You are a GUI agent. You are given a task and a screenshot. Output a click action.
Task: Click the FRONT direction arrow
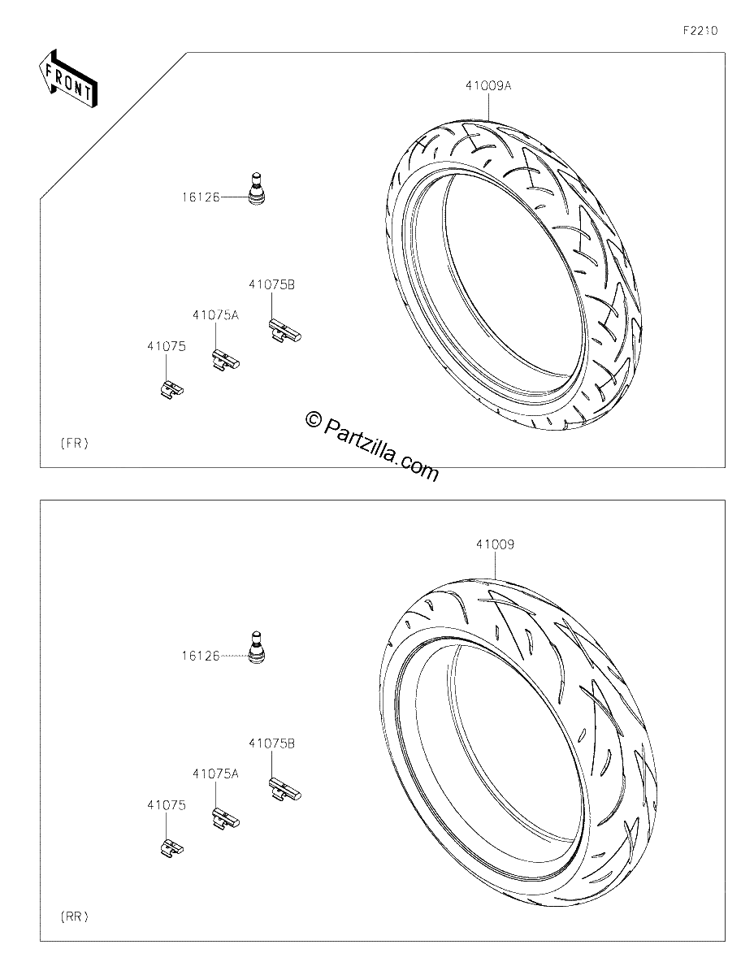coord(67,79)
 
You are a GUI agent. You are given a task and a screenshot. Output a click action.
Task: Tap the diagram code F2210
coord(700,31)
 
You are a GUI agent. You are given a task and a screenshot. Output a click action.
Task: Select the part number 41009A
coord(488,85)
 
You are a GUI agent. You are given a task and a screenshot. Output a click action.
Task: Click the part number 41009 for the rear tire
coord(495,544)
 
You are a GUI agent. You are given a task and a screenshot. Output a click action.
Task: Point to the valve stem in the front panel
coord(257,188)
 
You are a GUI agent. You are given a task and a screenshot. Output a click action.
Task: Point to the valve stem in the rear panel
coord(257,648)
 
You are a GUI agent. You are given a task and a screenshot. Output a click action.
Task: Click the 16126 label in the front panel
coord(201,197)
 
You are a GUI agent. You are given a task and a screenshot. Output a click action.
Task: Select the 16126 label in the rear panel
coord(201,656)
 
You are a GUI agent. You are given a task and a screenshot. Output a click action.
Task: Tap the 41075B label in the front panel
coord(272,284)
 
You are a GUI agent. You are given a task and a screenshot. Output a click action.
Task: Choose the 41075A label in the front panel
coord(216,315)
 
